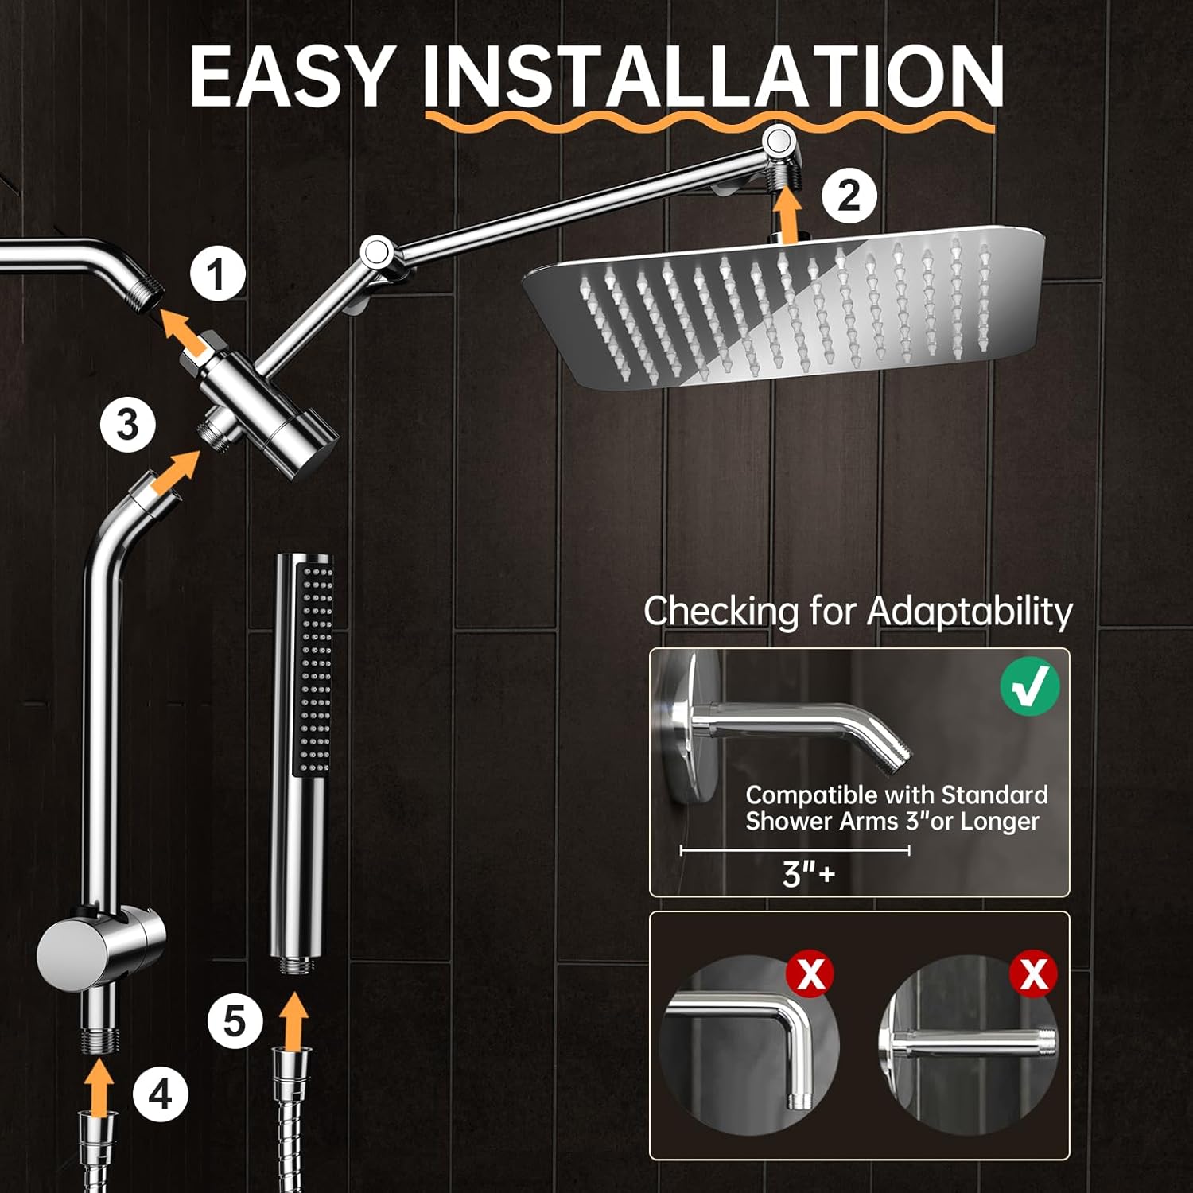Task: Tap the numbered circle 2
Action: coord(849,196)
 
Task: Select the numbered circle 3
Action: coord(128,424)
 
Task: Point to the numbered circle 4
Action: coord(160,1095)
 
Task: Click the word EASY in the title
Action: coord(292,76)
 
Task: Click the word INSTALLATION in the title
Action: coord(713,76)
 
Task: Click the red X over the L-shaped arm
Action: coord(810,973)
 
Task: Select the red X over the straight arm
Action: coord(1033,973)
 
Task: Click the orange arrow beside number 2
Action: coord(788,213)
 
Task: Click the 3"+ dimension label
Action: coord(808,874)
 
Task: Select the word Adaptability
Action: coord(970,612)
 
